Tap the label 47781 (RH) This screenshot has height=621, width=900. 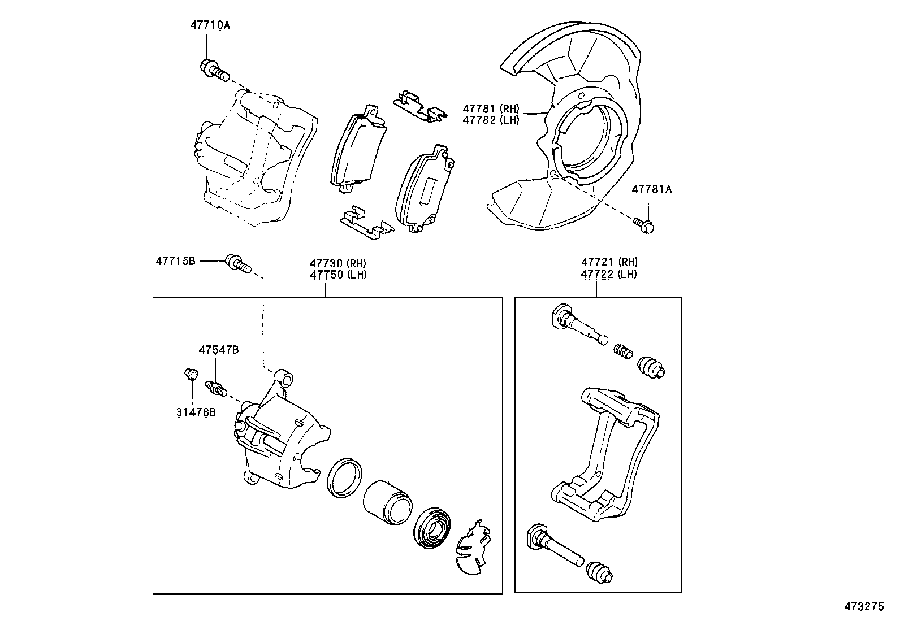coord(490,108)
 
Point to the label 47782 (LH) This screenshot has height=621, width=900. coord(490,120)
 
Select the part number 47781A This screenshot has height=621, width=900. coord(651,189)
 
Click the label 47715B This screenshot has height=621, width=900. coord(175,261)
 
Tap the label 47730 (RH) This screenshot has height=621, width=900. coord(337,263)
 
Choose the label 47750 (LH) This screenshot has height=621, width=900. coord(337,275)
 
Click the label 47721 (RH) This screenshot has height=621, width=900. coord(609,262)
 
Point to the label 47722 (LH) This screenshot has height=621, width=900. coord(609,274)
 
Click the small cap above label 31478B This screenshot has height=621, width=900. coord(191,374)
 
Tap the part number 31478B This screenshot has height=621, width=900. coord(196,412)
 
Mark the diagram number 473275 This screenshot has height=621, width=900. coord(863,607)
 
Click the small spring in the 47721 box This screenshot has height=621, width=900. coord(622,350)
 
